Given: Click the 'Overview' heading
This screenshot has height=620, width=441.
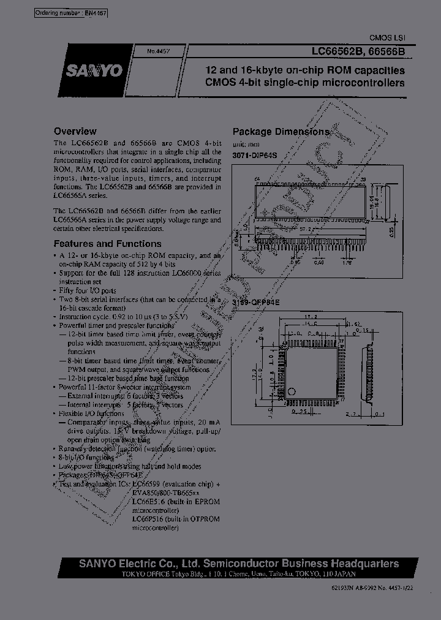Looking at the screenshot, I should [x=75, y=131].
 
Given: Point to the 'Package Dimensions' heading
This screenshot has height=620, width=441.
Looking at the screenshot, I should [x=281, y=132].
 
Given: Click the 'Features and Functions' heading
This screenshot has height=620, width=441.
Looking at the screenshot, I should [x=98, y=243].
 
